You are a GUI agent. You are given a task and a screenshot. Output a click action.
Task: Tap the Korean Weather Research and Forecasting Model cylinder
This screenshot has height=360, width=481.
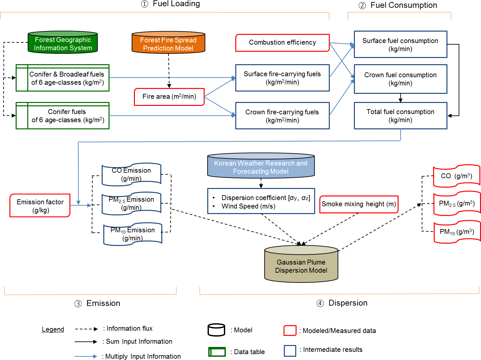(x=261, y=166)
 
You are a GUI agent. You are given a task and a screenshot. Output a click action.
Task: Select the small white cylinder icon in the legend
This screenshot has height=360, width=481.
(x=216, y=330)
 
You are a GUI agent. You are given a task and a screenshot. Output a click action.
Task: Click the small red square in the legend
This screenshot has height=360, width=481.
(x=290, y=331)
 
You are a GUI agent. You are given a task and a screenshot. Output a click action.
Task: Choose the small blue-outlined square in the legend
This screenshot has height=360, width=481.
(x=290, y=351)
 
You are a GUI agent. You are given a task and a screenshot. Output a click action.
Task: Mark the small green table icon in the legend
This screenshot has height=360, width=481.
(x=217, y=352)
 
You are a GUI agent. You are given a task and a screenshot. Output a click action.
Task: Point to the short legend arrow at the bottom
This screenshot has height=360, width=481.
(x=86, y=356)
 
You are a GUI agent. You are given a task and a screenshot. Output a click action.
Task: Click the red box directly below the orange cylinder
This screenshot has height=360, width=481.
(x=169, y=97)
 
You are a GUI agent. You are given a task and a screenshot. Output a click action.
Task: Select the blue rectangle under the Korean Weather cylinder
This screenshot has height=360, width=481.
(x=261, y=201)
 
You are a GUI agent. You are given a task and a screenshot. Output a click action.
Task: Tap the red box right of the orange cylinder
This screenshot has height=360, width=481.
(x=282, y=43)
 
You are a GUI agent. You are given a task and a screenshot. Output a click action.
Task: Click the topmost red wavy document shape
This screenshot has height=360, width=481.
(x=457, y=176)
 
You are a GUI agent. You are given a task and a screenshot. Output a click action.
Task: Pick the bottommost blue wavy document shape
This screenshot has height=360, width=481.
(x=133, y=234)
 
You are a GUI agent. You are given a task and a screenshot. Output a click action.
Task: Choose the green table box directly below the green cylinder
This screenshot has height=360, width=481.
(x=63, y=78)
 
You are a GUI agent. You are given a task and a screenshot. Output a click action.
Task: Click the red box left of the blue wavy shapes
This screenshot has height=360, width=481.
(x=40, y=206)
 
